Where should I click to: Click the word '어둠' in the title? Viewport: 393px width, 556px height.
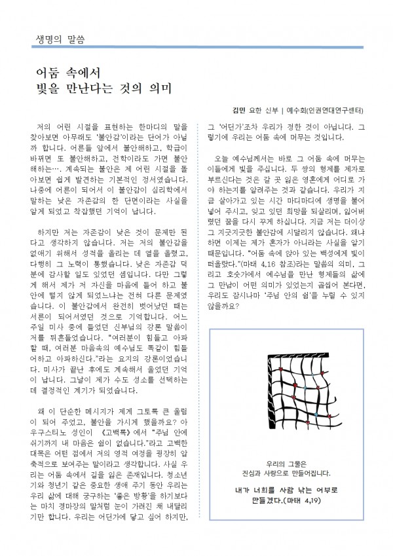(x=50, y=71)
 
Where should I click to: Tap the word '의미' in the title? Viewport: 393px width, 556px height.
(x=159, y=87)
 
